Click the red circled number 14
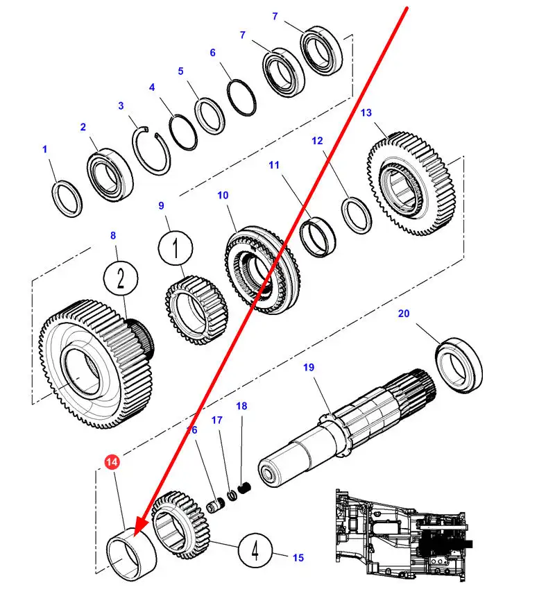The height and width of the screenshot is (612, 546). tap(112, 461)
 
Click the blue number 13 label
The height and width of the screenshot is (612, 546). tap(366, 112)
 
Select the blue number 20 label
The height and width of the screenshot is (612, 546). tap(404, 314)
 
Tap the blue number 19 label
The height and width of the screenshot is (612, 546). tap(309, 367)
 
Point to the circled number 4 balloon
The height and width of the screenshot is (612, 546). tap(255, 552)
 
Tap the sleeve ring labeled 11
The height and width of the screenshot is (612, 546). tap(318, 236)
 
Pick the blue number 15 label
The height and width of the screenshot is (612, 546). tap(298, 557)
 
